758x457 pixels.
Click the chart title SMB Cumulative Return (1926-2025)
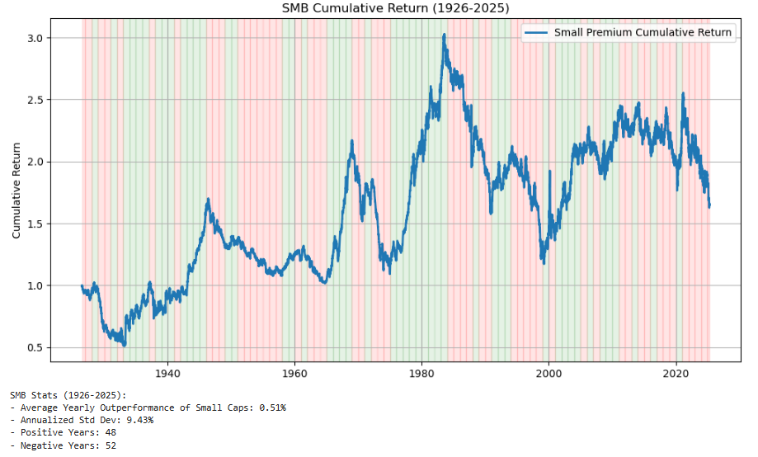tap(395, 7)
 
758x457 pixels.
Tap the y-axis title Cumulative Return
tap(16, 190)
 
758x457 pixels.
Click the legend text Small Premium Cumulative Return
tap(643, 33)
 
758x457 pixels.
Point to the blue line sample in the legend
tap(537, 33)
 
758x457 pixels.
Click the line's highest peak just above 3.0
tap(445, 35)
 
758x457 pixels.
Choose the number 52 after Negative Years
tap(111, 445)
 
